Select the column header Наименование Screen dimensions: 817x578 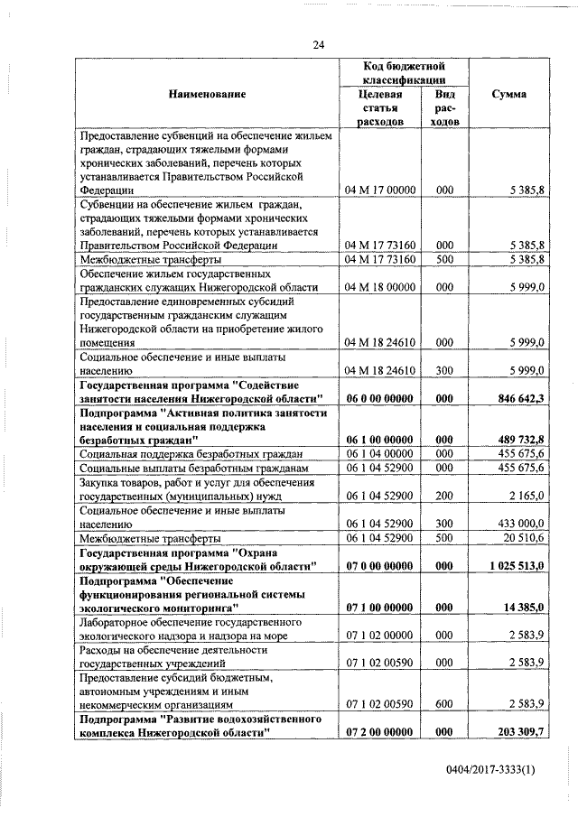click(206, 95)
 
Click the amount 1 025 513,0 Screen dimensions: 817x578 click(511, 565)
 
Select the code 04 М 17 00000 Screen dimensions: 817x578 click(379, 191)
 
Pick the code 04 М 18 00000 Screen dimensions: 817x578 click(379, 287)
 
